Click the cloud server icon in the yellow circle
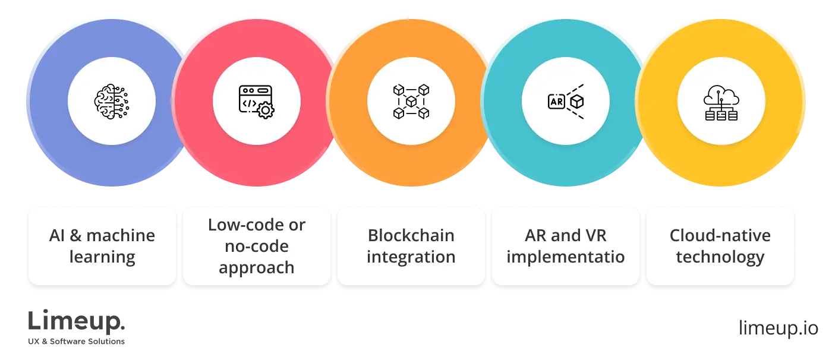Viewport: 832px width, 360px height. pyautogui.click(x=721, y=102)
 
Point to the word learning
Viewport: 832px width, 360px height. pyautogui.click(x=102, y=258)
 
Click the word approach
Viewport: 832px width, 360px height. pyautogui.click(x=256, y=268)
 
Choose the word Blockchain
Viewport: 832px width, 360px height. pyautogui.click(x=411, y=236)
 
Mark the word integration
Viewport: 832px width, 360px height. pyautogui.click(x=411, y=258)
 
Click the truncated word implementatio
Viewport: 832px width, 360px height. pyautogui.click(x=566, y=258)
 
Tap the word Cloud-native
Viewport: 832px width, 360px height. pyautogui.click(x=720, y=236)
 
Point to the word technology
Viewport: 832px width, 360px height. pyautogui.click(x=720, y=258)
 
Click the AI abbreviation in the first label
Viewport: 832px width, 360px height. pyautogui.click(x=57, y=236)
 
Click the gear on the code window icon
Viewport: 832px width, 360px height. pyautogui.click(x=265, y=111)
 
